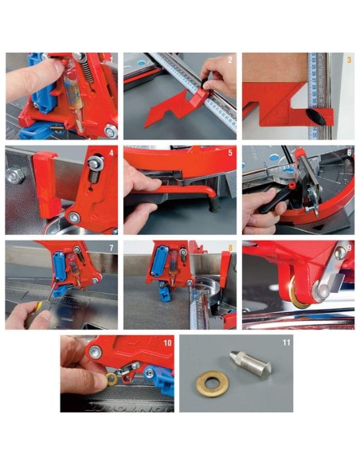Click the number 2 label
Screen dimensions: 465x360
click(x=229, y=61)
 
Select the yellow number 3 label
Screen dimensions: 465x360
click(x=348, y=61)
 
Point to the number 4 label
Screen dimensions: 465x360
click(x=112, y=152)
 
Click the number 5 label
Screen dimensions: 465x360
click(x=229, y=152)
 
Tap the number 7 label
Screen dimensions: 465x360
click(x=112, y=248)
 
